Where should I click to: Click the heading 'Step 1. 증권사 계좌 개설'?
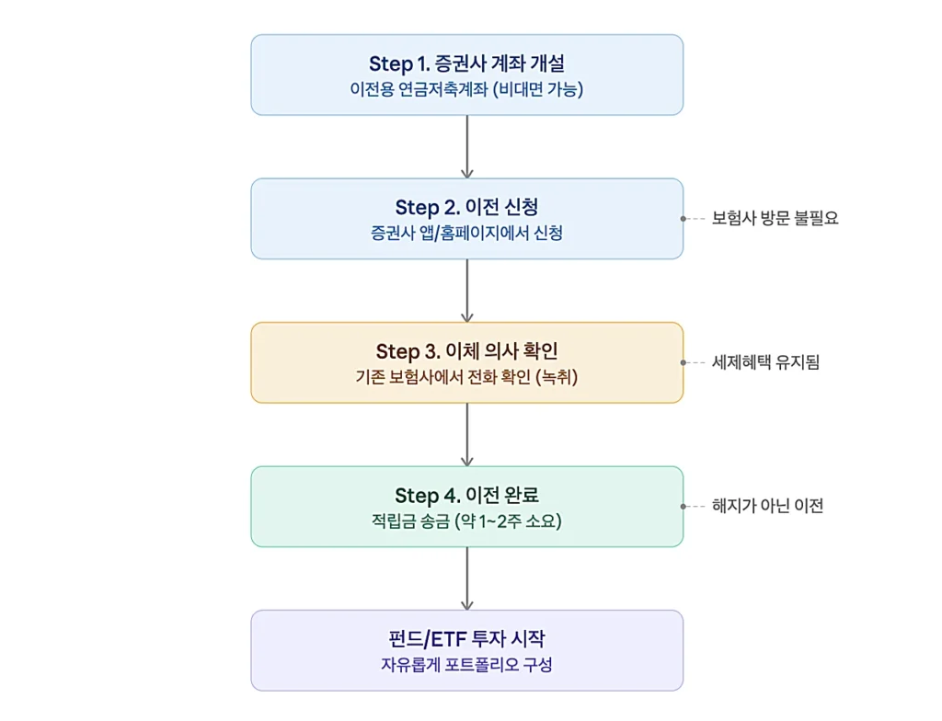point(466,63)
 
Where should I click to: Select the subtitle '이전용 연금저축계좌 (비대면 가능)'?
point(466,90)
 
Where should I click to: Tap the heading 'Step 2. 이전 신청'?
point(466,207)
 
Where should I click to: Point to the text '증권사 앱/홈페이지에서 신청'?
point(466,234)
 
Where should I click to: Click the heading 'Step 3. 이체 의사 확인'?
point(466,351)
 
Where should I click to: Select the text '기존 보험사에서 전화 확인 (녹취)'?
point(466,377)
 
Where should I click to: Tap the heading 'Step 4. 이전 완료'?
point(466,495)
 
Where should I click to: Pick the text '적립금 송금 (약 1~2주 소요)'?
point(466,521)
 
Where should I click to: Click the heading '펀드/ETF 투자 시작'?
point(466,638)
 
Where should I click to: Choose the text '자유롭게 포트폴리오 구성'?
point(466,665)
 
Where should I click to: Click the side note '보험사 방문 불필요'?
point(775,219)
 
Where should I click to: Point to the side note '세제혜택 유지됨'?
point(765,362)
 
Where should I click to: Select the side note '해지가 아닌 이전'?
point(767,506)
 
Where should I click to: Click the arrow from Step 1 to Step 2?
point(467,147)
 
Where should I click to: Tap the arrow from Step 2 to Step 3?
point(467,291)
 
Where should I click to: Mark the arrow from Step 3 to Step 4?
point(467,434)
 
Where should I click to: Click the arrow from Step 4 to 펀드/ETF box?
point(467,578)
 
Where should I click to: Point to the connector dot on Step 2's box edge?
point(684,219)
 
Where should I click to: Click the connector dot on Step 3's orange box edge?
point(684,362)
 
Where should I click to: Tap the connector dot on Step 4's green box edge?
point(684,506)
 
